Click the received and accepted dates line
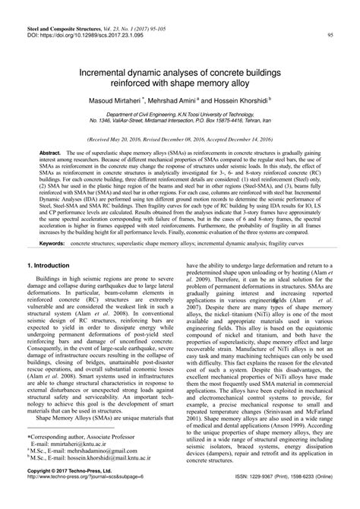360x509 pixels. tap(179, 140)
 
